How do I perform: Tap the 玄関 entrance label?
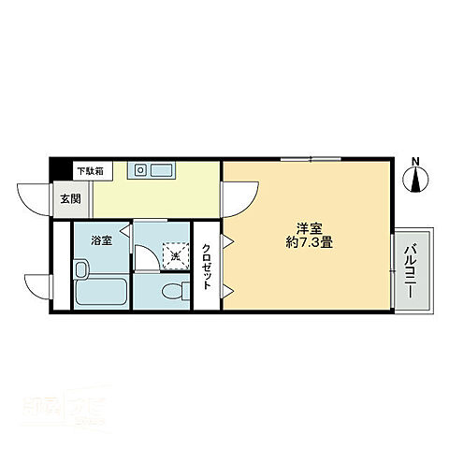71,198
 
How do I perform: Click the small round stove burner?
141,170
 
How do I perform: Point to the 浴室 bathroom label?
101,240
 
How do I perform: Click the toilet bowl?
174,292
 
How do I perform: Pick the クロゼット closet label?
206,267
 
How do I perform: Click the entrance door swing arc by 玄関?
34,199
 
